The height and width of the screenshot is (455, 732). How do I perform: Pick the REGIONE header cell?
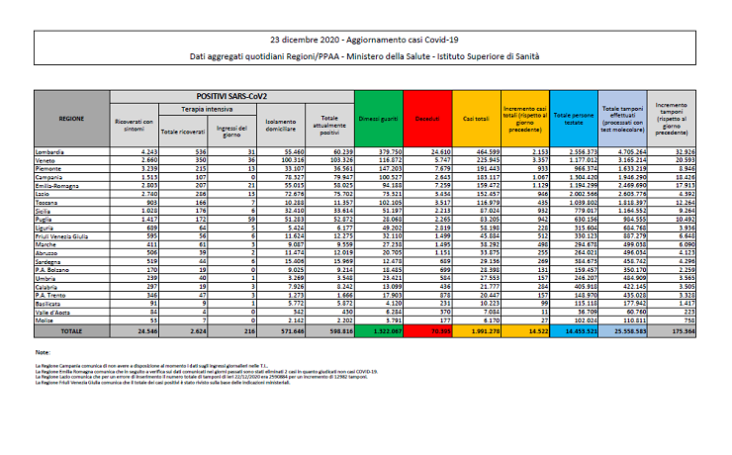(71, 118)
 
